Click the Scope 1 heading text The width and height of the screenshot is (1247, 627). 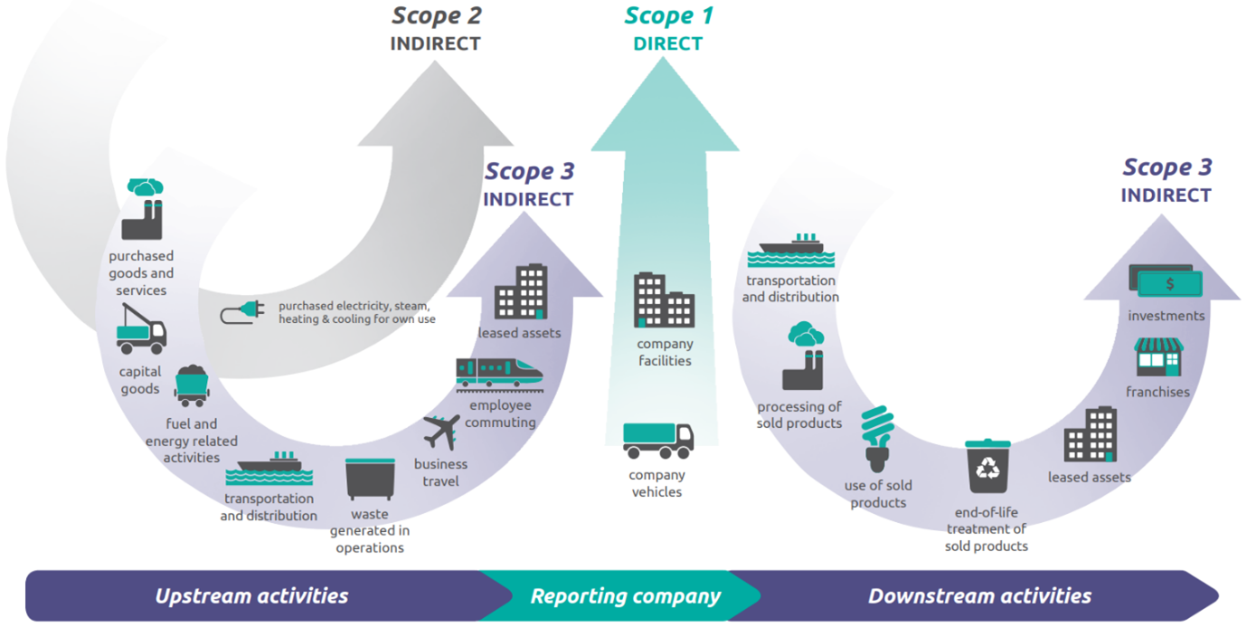(668, 16)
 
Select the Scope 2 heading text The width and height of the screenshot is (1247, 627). (436, 16)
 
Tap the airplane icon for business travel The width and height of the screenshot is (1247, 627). (441, 432)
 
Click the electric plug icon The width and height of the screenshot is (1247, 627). (242, 313)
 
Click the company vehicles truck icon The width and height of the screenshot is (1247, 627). (657, 441)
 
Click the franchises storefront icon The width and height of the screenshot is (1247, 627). (1158, 357)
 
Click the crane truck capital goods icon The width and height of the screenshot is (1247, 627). (141, 330)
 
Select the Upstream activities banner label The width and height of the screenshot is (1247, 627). (251, 596)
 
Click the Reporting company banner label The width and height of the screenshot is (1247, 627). (625, 596)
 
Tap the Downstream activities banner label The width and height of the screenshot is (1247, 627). (979, 596)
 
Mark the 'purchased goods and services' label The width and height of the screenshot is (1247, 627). (141, 273)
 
